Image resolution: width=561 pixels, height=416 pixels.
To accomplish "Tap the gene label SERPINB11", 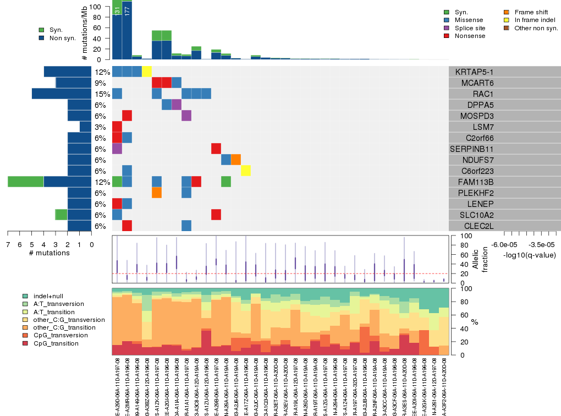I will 472,149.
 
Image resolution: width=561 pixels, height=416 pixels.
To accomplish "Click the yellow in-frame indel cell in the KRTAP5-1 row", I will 147,72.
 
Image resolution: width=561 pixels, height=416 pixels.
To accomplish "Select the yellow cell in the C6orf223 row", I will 246,171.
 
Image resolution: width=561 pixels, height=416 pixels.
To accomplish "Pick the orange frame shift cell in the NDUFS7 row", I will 236,160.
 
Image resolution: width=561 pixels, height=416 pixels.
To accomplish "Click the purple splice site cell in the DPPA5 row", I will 177,105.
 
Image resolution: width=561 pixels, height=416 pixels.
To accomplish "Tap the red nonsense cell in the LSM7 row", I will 117,127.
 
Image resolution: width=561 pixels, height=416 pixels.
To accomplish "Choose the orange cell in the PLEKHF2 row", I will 157,193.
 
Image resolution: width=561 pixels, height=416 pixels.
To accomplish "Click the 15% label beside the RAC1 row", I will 102,94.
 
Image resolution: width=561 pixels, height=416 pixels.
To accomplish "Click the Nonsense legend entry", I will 470,36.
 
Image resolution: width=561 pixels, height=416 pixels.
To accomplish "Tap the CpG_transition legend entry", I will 56,343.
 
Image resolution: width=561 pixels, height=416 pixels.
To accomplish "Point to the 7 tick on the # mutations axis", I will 8,245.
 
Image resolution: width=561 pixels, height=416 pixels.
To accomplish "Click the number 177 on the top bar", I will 127,12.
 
